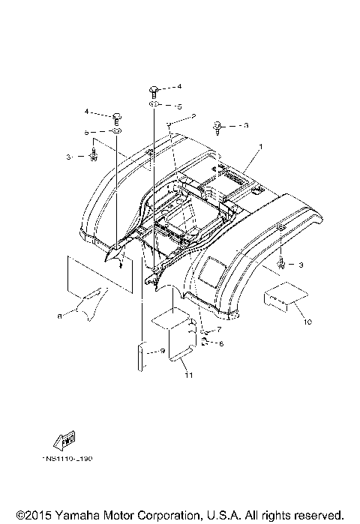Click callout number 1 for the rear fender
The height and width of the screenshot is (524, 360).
pos(260,147)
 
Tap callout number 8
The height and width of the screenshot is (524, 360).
pos(59,316)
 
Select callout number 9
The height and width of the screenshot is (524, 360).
pos(162,350)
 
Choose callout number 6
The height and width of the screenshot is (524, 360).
pos(220,344)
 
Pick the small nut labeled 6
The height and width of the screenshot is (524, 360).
pos(204,343)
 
